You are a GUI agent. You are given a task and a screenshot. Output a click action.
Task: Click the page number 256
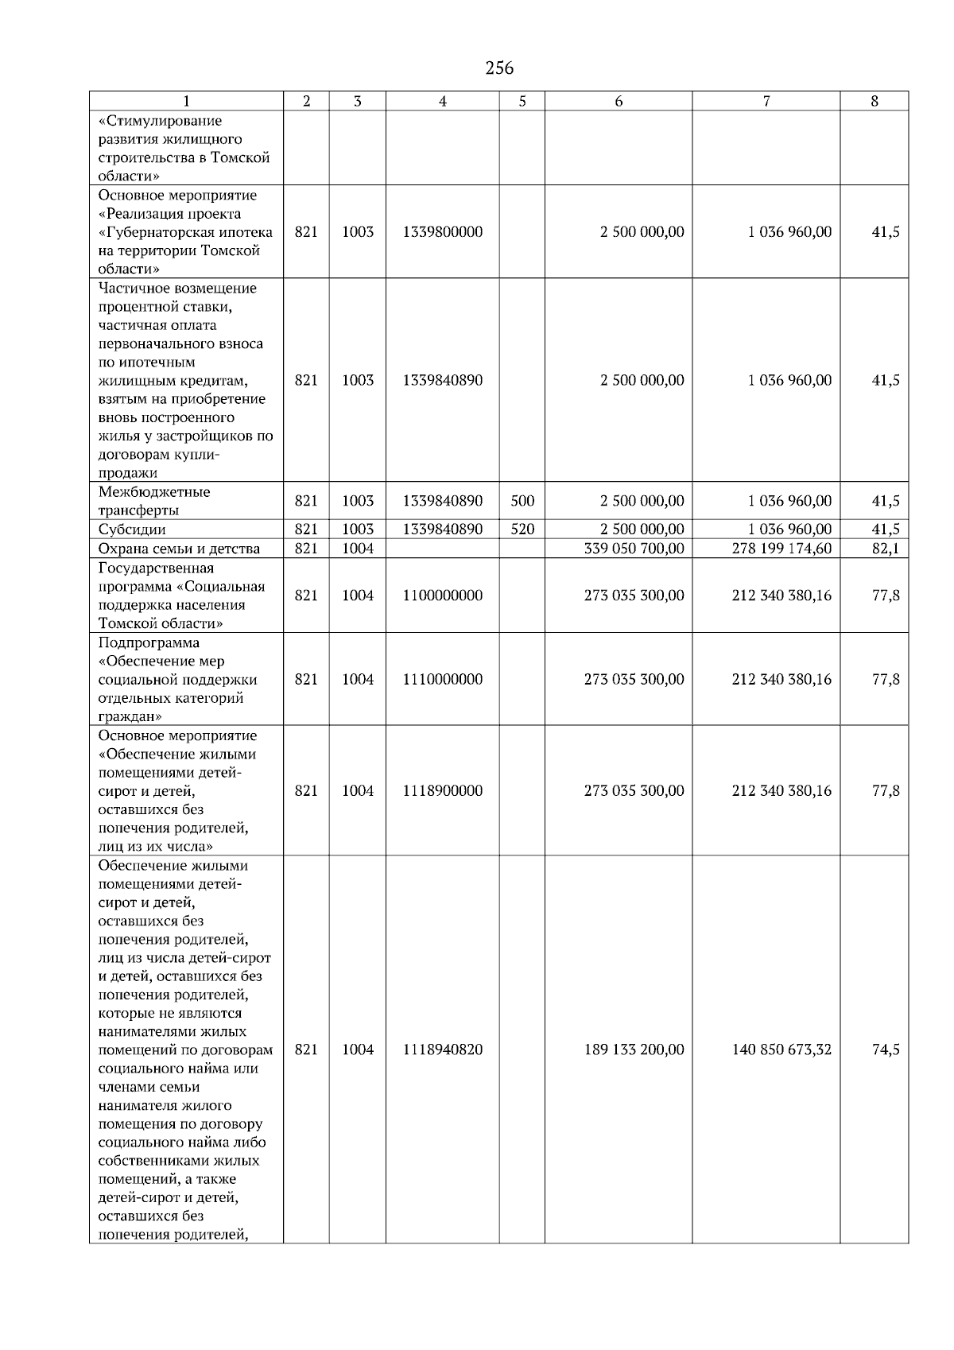[499, 68]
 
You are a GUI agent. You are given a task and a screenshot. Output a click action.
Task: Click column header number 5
[522, 101]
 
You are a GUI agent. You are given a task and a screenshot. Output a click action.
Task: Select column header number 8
[874, 101]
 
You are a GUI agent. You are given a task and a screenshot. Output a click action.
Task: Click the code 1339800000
[442, 232]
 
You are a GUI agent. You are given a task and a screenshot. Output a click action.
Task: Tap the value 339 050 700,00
[634, 549]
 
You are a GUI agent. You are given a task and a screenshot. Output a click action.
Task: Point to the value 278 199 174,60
[781, 549]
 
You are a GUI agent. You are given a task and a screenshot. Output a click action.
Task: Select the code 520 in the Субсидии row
[522, 530]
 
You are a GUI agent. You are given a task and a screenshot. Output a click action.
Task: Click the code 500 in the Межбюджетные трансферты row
[522, 501]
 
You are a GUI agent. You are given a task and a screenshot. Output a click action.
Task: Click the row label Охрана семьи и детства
[179, 549]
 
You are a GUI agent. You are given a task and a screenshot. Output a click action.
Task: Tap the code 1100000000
[442, 595]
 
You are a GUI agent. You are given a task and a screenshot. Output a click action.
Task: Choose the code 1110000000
[442, 679]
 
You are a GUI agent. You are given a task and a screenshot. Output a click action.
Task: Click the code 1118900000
[442, 790]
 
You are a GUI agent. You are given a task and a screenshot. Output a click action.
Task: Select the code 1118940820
[442, 1049]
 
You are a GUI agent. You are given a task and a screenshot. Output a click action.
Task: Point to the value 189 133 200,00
[634, 1049]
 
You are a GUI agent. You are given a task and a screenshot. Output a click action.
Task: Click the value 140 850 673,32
[781, 1049]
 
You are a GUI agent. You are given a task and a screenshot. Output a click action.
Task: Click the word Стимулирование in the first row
[160, 121]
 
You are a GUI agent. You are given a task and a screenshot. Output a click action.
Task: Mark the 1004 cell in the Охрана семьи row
[357, 549]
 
